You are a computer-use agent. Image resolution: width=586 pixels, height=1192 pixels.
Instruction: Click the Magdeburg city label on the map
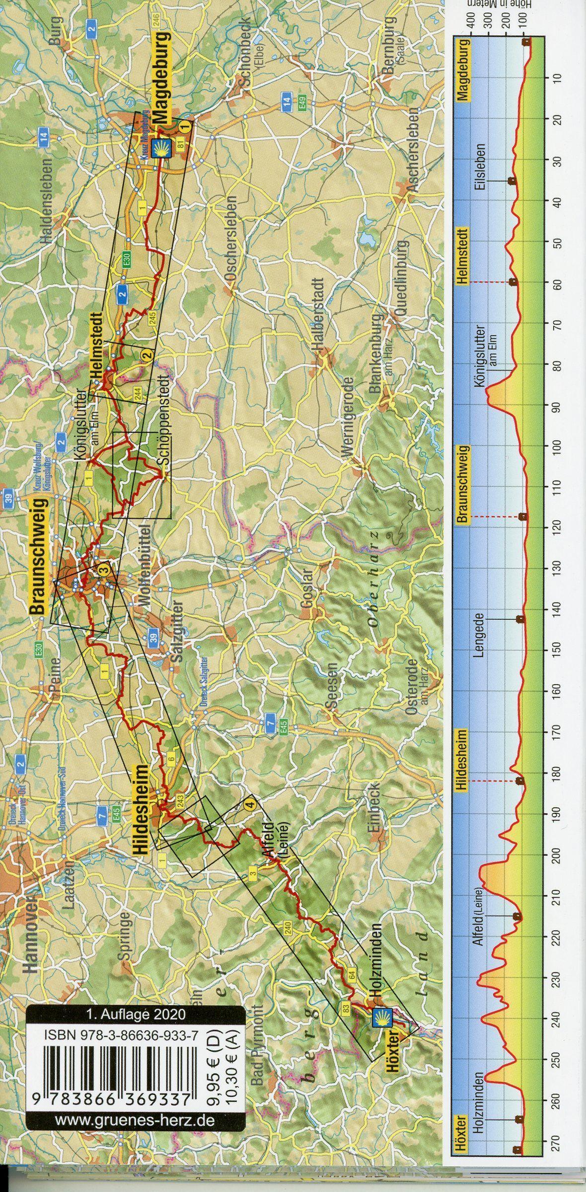click(x=162, y=78)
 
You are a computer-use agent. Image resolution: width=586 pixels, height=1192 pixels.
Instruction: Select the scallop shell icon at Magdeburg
click(x=162, y=148)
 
